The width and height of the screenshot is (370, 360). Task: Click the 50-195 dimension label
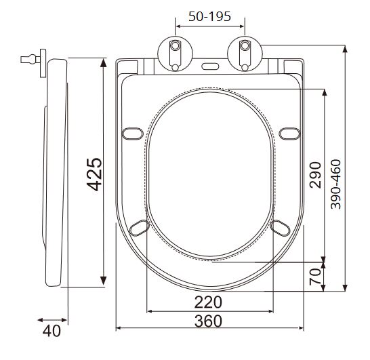click(209, 16)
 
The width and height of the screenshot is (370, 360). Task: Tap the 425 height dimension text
click(94, 174)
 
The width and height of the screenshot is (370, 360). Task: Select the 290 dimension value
click(316, 175)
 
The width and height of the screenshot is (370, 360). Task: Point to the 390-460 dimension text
click(335, 184)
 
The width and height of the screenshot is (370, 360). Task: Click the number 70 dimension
click(316, 277)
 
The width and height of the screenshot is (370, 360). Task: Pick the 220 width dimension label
click(208, 302)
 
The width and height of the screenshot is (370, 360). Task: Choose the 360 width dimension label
click(208, 321)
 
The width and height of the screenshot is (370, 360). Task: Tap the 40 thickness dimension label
click(52, 331)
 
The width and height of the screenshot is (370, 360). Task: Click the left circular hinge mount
click(175, 54)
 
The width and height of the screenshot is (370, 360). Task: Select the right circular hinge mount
click(245, 54)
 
